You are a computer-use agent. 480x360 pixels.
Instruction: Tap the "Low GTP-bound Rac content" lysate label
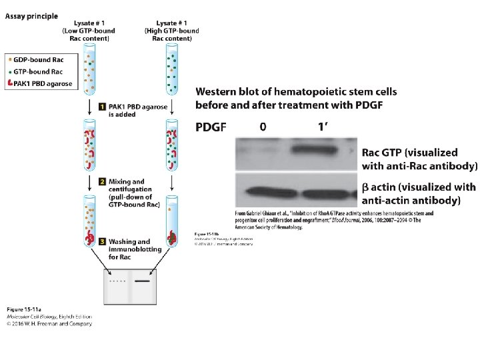coord(88,30)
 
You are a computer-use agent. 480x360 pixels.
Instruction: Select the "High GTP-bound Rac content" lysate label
coord(172,30)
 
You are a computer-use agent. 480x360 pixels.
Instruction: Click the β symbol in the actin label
coord(365,188)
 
